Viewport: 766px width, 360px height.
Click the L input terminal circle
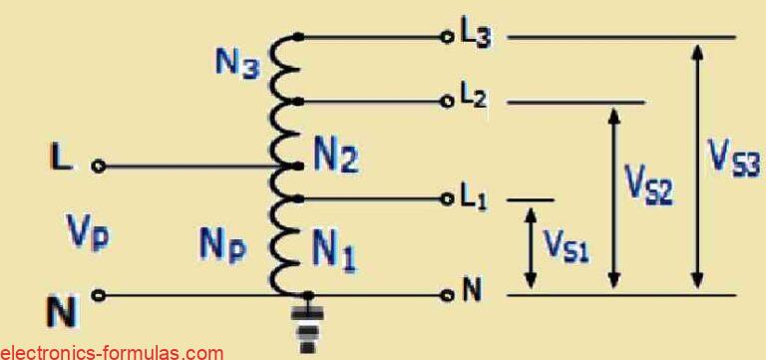click(x=98, y=167)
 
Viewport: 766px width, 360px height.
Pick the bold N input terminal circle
click(x=98, y=295)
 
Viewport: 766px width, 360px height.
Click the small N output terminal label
click(x=473, y=294)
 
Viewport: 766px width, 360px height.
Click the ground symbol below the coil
click(x=308, y=329)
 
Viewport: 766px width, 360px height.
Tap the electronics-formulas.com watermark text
click(x=112, y=351)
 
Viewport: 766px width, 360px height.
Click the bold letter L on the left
click(x=61, y=159)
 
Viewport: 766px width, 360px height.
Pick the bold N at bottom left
click(x=61, y=311)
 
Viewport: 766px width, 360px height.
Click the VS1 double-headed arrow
click(x=531, y=245)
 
